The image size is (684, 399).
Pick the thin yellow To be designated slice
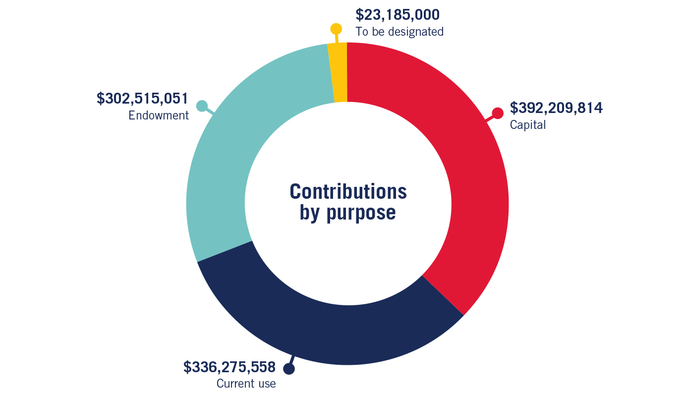(x=338, y=72)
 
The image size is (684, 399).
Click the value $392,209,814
(x=556, y=108)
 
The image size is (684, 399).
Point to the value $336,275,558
(x=229, y=367)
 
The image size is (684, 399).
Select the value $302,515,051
(x=143, y=98)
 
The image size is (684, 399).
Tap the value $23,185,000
(x=398, y=15)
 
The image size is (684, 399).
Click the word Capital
(x=528, y=125)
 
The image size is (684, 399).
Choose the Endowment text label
(x=159, y=115)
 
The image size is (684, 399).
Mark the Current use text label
(x=246, y=384)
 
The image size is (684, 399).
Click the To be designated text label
(x=399, y=32)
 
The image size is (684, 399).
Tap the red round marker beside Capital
(x=497, y=114)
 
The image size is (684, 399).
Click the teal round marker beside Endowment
(x=202, y=106)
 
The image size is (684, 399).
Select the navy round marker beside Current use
(x=289, y=369)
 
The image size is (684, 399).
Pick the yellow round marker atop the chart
(x=336, y=29)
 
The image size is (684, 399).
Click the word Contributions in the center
(x=348, y=191)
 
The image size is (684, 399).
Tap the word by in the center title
(x=310, y=213)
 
